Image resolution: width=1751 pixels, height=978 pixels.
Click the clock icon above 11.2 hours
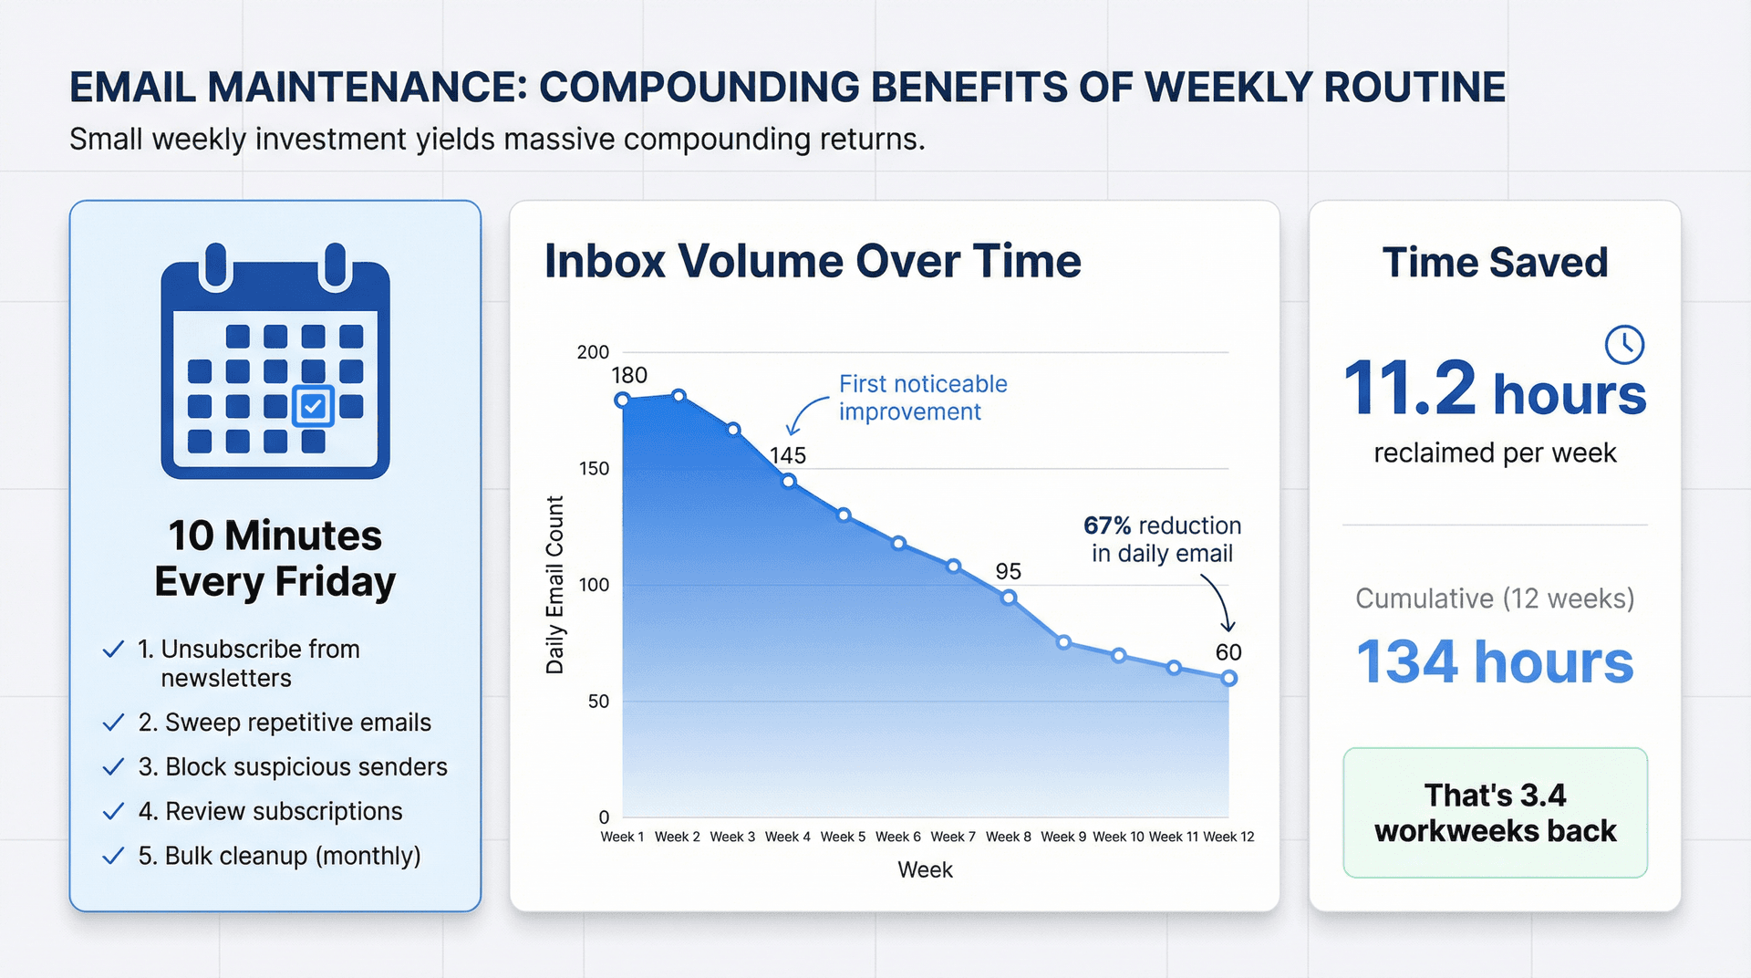pyautogui.click(x=1624, y=345)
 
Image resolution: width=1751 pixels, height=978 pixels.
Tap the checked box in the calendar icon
pyautogui.click(x=313, y=405)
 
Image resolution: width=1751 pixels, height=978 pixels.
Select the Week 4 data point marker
pyautogui.click(x=789, y=481)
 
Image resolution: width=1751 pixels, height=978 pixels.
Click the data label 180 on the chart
pyautogui.click(x=629, y=375)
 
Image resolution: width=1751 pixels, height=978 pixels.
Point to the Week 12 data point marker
pyautogui.click(x=1228, y=678)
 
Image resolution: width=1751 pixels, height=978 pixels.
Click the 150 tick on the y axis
pyautogui.click(x=594, y=468)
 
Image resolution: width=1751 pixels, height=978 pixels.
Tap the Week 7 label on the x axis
pyautogui.click(x=953, y=837)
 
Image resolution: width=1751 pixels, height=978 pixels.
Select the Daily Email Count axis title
pyautogui.click(x=554, y=585)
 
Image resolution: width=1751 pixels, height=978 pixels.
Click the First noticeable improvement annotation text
pyautogui.click(x=922, y=398)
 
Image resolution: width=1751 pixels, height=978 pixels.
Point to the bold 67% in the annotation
pyautogui.click(x=1106, y=525)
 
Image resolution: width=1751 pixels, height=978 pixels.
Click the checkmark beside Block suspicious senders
pyautogui.click(x=113, y=767)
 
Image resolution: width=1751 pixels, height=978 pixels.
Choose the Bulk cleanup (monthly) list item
pyautogui.click(x=279, y=856)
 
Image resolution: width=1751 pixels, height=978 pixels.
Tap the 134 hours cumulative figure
pyautogui.click(x=1494, y=661)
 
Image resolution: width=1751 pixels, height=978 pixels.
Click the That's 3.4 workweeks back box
pyautogui.click(x=1495, y=813)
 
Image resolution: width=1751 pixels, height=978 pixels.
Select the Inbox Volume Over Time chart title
pyautogui.click(x=813, y=261)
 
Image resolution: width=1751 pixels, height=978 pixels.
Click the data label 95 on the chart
pyautogui.click(x=1008, y=571)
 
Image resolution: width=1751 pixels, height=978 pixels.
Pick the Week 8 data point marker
pyautogui.click(x=1009, y=598)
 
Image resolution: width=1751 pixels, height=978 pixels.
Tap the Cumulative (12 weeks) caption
pyautogui.click(x=1494, y=598)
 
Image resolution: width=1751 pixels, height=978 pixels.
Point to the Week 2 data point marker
pyautogui.click(x=679, y=395)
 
